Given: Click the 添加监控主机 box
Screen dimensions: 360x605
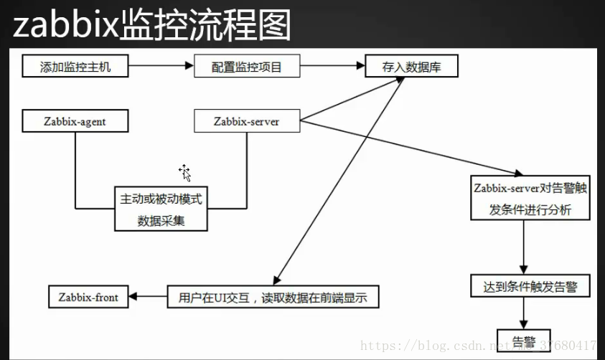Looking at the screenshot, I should (x=75, y=67).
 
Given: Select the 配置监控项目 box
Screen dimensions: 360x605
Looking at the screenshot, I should (x=246, y=67).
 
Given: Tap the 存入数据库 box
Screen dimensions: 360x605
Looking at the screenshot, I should (x=411, y=67).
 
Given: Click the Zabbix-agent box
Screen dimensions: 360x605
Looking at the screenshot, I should (x=75, y=121).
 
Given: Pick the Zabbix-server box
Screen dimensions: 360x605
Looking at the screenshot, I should (x=246, y=121).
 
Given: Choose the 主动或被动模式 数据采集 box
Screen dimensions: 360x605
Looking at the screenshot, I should (x=161, y=209).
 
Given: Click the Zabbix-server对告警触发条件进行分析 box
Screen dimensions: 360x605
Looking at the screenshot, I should (x=530, y=198).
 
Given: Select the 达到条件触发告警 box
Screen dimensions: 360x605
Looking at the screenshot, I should (x=530, y=287).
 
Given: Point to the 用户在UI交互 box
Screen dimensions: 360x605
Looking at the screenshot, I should (x=273, y=296).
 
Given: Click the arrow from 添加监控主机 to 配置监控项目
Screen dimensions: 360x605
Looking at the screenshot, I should (x=162, y=67).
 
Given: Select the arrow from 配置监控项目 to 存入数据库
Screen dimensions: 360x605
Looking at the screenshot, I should (x=331, y=67).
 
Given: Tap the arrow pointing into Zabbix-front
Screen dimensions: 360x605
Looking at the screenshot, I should (x=148, y=296).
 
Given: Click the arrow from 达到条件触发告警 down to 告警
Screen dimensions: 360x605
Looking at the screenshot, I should (x=525, y=313).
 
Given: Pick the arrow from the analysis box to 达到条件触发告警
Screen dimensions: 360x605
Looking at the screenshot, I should (x=525, y=246).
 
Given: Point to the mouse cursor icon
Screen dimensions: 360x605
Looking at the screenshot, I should (x=184, y=172).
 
